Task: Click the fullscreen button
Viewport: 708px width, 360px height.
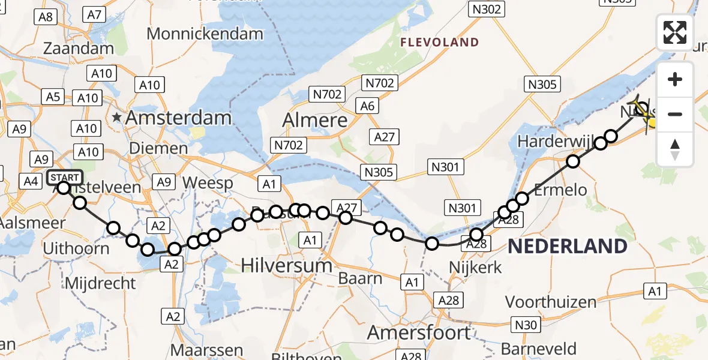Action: click(675, 32)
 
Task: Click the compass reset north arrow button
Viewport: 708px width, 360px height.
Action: click(675, 149)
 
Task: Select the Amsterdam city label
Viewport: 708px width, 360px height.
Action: click(178, 118)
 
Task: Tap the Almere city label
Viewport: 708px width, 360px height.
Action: click(316, 120)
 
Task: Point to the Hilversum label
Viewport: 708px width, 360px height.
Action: click(287, 265)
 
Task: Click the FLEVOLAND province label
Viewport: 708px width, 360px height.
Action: click(440, 43)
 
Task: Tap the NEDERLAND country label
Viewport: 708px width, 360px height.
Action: click(568, 246)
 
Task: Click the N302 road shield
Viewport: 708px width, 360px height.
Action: click(486, 9)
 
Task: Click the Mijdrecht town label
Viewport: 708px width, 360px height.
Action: click(101, 282)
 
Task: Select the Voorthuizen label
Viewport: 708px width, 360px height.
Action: click(551, 302)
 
